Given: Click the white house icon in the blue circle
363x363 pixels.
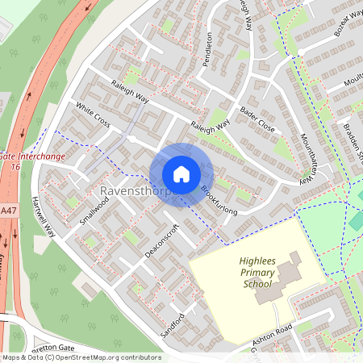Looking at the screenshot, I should [181, 174].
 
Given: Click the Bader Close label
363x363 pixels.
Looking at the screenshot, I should [257, 123].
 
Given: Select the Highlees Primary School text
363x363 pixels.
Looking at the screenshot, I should [263, 273].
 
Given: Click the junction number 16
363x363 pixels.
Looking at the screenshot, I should [14, 165].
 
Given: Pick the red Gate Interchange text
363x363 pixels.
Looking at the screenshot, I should [32, 155].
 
